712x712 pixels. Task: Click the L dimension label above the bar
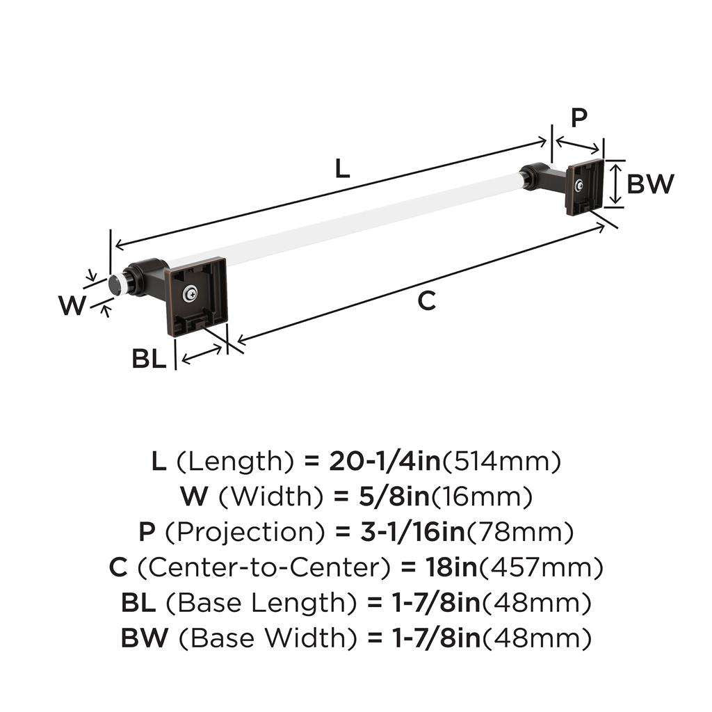[341, 169]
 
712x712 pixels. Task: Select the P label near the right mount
[578, 119]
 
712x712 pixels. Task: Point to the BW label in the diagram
[650, 184]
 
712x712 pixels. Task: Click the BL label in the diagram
[149, 359]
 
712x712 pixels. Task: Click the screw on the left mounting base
[190, 295]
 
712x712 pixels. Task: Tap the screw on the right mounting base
[579, 185]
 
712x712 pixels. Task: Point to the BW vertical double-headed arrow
[613, 184]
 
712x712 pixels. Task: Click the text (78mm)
[520, 532]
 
